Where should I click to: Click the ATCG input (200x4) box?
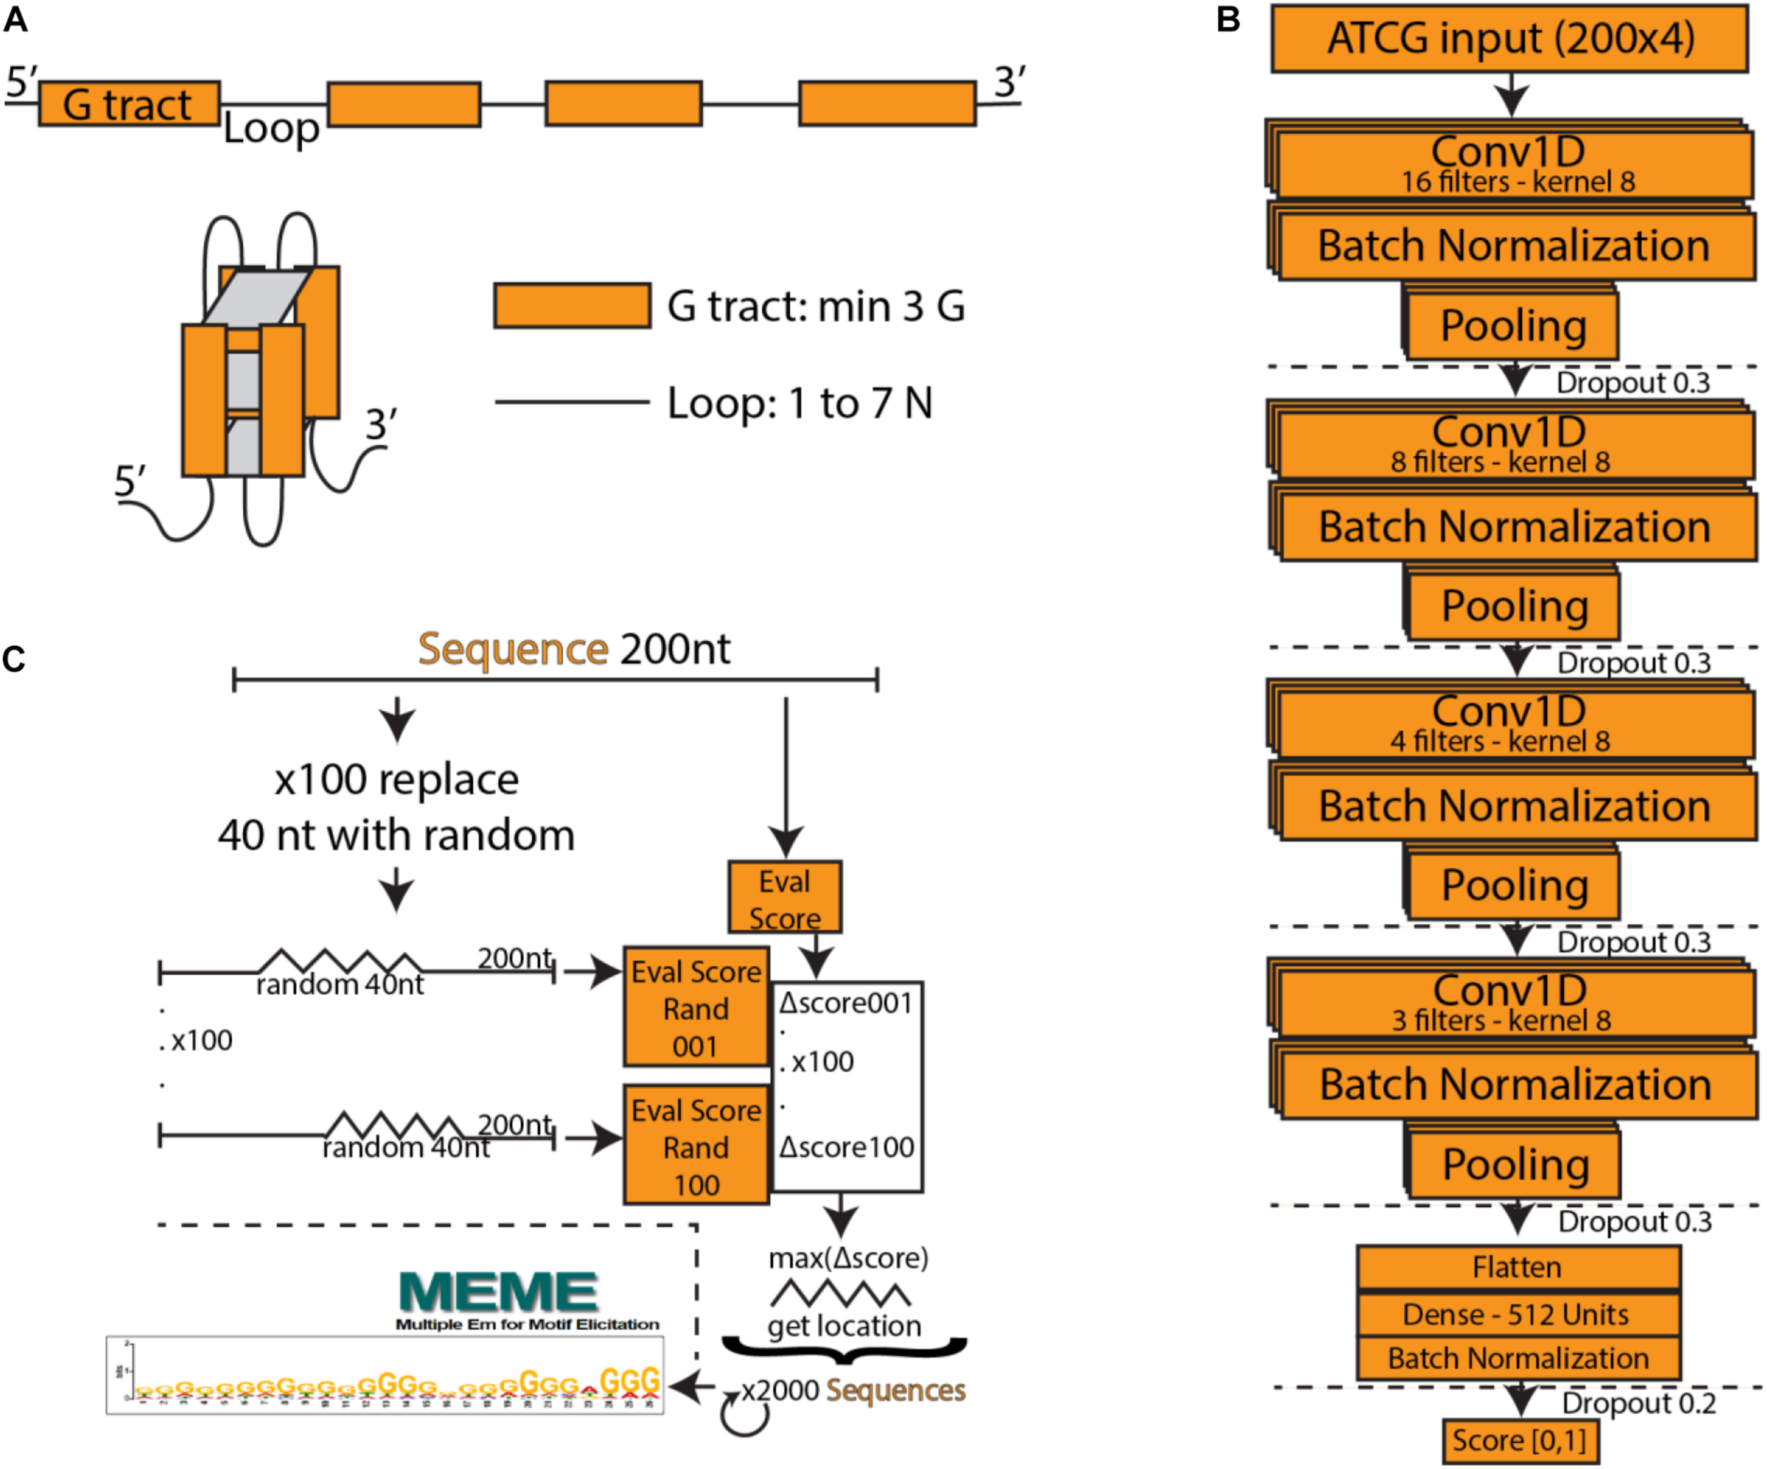coord(1510,39)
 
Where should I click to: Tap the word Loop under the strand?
coord(271,129)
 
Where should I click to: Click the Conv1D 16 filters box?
coord(1510,164)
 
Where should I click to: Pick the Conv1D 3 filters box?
coord(1510,1003)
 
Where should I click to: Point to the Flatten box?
coord(1517,1267)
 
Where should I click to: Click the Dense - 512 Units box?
coord(1517,1314)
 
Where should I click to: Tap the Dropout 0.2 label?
coord(1638,1403)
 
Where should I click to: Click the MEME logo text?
coord(500,1292)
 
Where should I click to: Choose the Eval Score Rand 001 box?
coord(696,1008)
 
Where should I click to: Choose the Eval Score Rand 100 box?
coord(696,1147)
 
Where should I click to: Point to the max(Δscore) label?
coord(848,1258)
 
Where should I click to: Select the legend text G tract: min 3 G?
coord(816,306)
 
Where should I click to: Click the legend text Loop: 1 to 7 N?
coord(799,403)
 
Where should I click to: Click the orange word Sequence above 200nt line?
coord(512,649)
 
